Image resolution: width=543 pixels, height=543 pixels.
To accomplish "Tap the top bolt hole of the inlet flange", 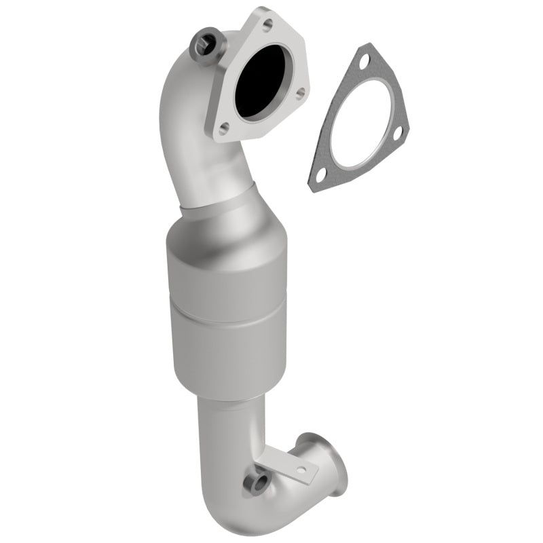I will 267,25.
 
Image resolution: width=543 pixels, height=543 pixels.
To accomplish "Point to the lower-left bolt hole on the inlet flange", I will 222,123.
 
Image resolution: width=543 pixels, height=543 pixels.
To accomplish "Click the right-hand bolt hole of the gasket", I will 399,132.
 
